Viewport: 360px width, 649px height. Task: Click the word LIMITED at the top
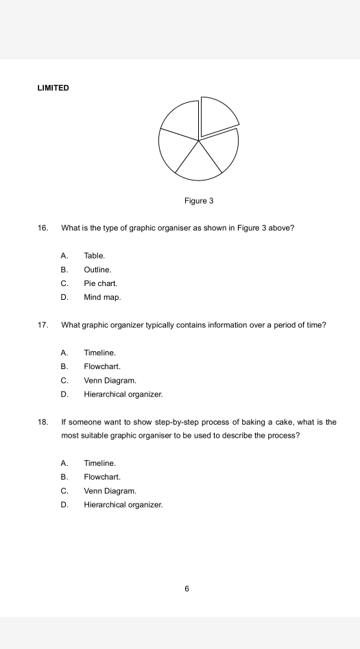(53, 88)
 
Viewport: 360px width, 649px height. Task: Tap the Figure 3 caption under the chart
(199, 201)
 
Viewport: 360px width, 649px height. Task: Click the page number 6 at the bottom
(187, 588)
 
